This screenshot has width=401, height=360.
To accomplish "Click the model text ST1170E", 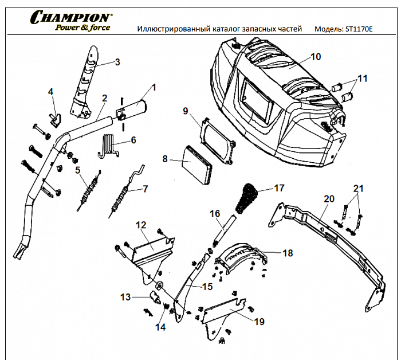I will pyautogui.click(x=357, y=29).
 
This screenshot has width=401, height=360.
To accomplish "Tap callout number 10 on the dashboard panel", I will pyautogui.click(x=316, y=57).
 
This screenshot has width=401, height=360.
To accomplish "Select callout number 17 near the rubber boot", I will pyautogui.click(x=279, y=188).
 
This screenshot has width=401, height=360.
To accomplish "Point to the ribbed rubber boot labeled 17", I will pyautogui.click(x=249, y=197).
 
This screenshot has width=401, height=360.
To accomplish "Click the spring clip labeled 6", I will pyautogui.click(x=109, y=144).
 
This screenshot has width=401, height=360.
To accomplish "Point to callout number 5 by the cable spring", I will pyautogui.click(x=77, y=170).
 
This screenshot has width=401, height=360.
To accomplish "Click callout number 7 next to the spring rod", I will pyautogui.click(x=145, y=189).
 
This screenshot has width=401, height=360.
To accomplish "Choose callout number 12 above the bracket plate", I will pyautogui.click(x=141, y=226).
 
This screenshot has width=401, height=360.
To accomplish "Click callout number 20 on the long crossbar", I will pyautogui.click(x=328, y=199).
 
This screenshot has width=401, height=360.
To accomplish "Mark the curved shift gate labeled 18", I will pyautogui.click(x=241, y=257).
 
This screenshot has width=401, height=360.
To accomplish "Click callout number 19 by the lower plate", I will pyautogui.click(x=260, y=322).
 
